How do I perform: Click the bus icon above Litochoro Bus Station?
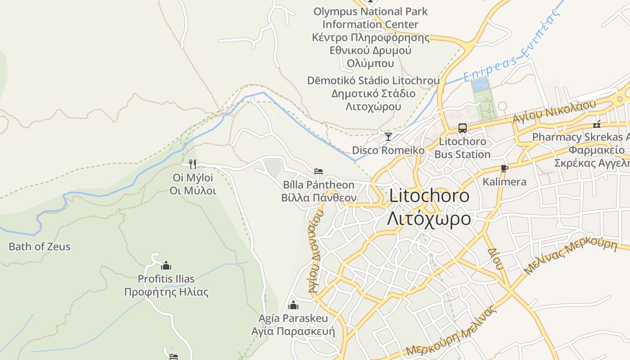[463, 128]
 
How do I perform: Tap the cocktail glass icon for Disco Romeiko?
[388, 136]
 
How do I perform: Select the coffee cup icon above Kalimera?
[504, 168]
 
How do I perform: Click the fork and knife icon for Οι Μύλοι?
[193, 164]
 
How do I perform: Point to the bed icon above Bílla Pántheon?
[319, 171]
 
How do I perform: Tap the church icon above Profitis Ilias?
[166, 265]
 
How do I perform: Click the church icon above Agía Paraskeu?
[293, 306]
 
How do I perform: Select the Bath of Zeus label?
[40, 247]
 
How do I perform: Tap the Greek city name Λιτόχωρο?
[429, 219]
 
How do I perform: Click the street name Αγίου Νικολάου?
[554, 112]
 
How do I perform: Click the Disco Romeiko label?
[388, 150]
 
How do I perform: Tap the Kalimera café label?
[504, 182]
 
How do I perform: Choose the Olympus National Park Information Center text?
[370, 18]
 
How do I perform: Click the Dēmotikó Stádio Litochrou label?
[373, 81]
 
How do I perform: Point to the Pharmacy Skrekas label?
[580, 137]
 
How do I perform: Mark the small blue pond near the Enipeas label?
[480, 85]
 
